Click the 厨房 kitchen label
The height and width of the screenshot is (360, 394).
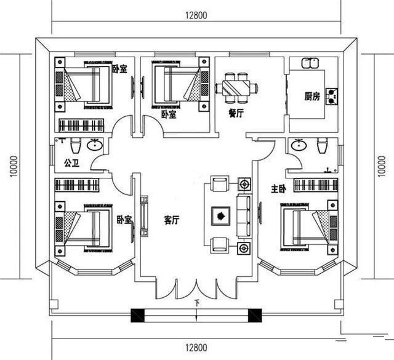(312, 97)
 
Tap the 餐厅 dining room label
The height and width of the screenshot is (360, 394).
(236, 114)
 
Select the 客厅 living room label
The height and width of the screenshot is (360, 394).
(172, 221)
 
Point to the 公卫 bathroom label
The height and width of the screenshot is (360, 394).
(71, 164)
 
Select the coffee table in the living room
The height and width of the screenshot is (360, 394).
(220, 215)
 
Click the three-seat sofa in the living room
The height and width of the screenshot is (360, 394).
(244, 215)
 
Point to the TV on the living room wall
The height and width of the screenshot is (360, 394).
(144, 215)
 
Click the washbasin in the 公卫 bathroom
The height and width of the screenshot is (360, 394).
(95, 146)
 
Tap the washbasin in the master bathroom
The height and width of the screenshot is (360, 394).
(299, 145)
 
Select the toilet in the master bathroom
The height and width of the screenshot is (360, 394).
(321, 146)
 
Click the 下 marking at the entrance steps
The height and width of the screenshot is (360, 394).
(196, 302)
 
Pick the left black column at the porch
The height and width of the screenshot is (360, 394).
(137, 316)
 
